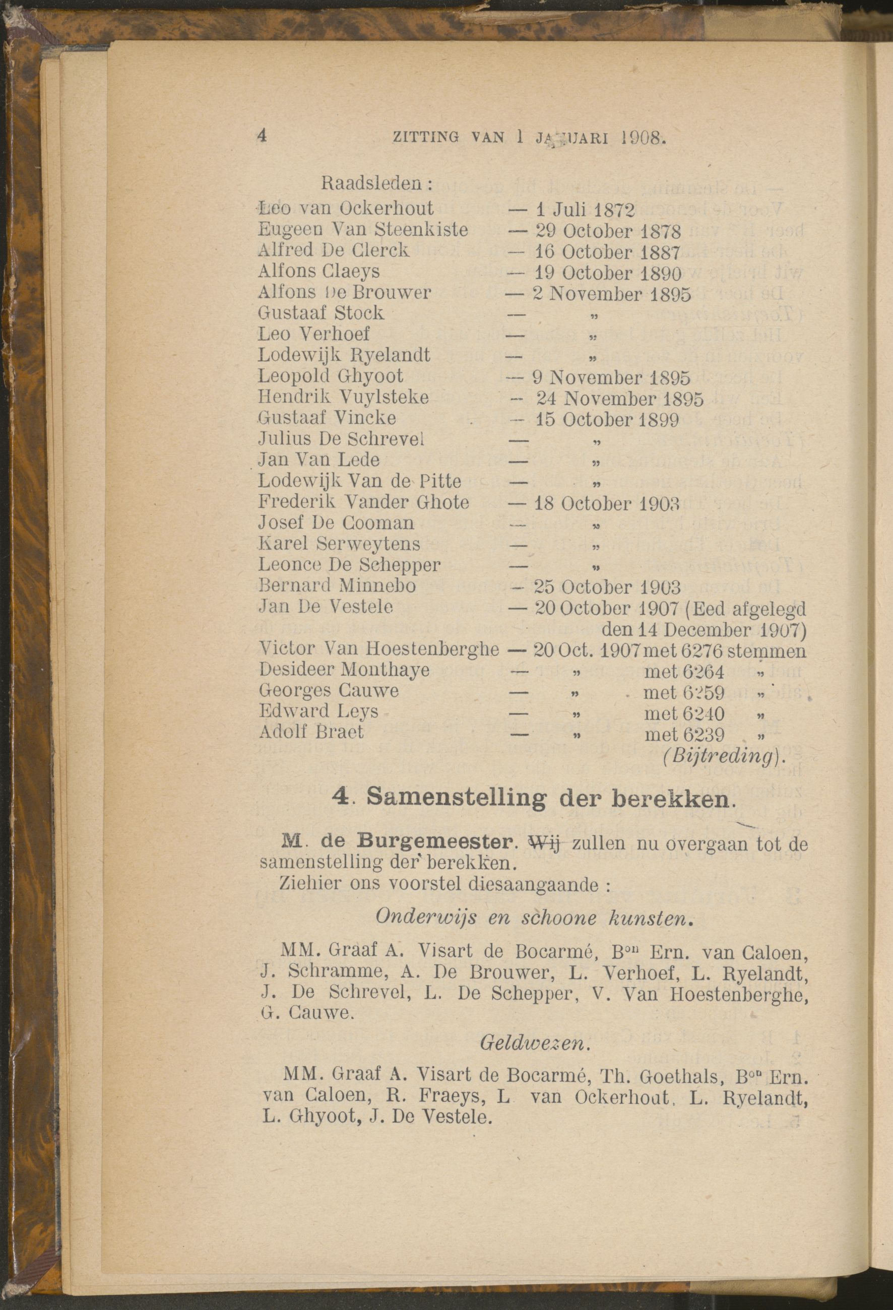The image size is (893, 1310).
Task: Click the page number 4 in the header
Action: point(261,137)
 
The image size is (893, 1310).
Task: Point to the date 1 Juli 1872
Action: point(585,210)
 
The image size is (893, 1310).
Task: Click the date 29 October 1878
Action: point(608,231)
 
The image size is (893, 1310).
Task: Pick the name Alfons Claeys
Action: point(318,271)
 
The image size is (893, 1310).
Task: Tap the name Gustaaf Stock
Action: point(321,313)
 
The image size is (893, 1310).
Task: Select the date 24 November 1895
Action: point(619,399)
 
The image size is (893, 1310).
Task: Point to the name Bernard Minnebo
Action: point(337,585)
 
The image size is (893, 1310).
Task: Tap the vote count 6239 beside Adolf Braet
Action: point(703,735)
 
